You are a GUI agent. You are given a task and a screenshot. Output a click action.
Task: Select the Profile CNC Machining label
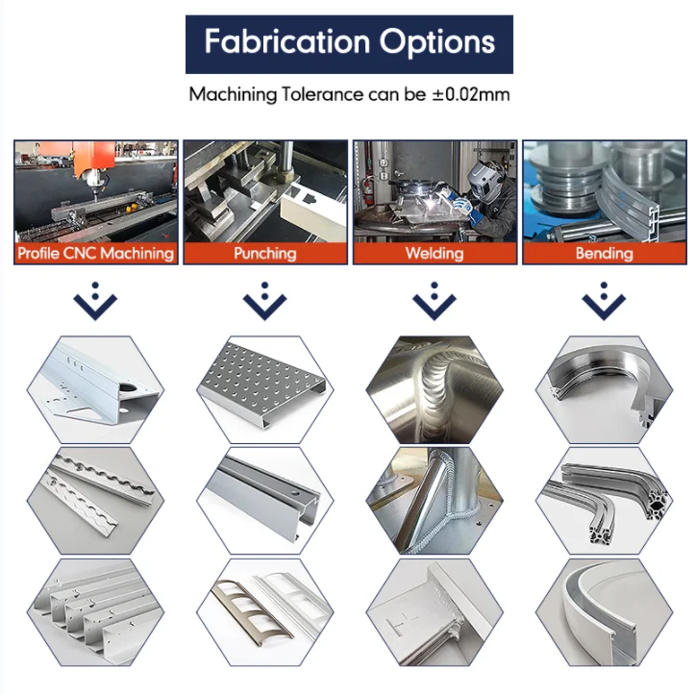pos(95,254)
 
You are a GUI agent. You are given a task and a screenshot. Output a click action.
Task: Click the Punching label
pos(264,254)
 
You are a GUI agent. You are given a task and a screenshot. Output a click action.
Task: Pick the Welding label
pos(434,254)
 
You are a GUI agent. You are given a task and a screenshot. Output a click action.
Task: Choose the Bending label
pos(604,254)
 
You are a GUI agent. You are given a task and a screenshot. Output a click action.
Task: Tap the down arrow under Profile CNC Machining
pos(95,301)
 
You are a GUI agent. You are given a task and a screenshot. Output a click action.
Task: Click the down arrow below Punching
pos(264,301)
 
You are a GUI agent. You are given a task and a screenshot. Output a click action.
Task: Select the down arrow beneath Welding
pos(434,301)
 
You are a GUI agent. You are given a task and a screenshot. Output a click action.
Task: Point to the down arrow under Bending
pos(604,301)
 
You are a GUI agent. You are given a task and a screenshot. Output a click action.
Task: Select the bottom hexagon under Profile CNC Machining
pos(95,613)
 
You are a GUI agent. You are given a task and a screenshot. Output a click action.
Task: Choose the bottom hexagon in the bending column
pos(604,613)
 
